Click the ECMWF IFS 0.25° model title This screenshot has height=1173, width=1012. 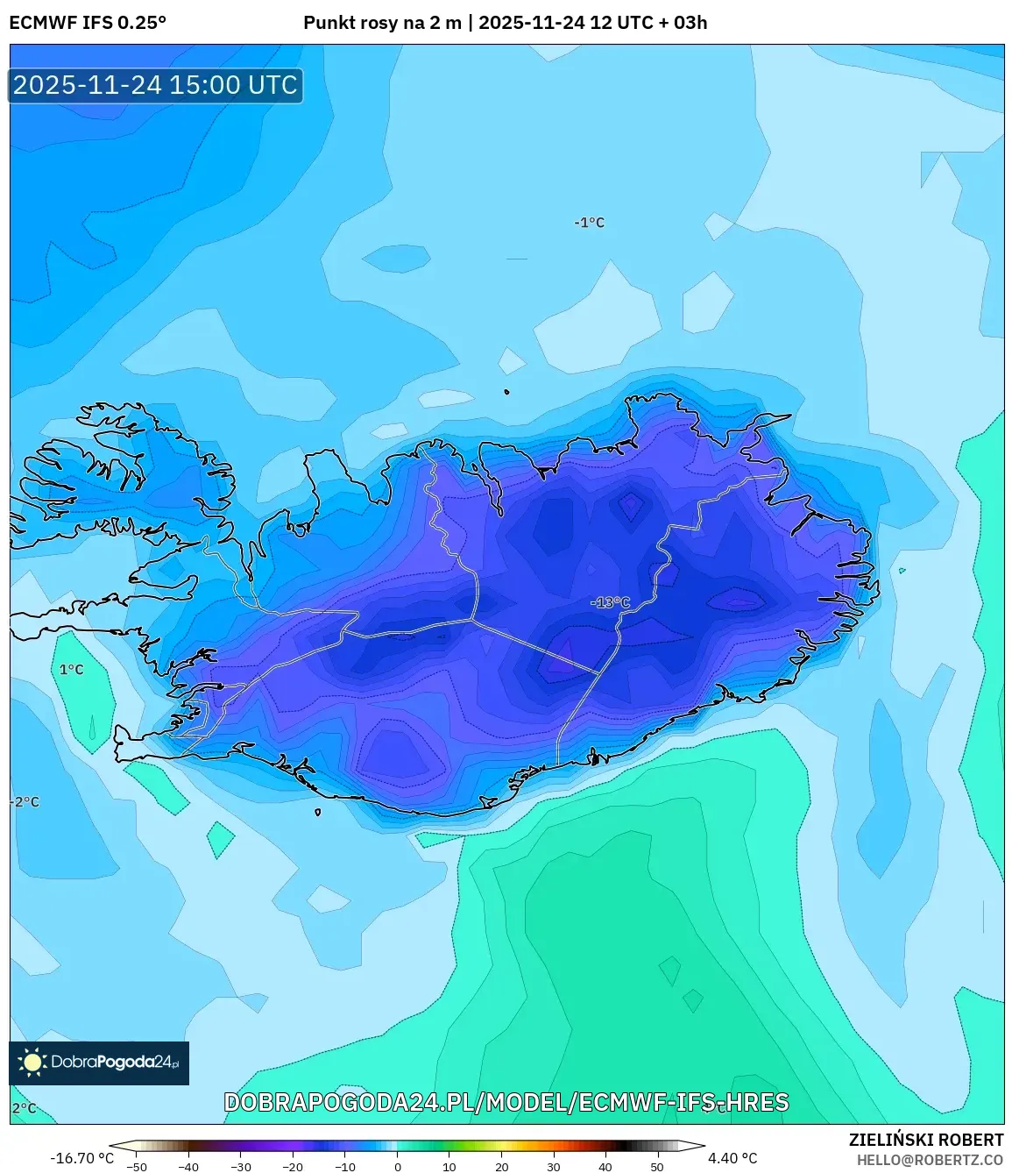tap(88, 23)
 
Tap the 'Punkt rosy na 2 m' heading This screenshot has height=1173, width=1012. tap(382, 23)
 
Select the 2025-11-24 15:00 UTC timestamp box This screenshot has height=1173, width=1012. tap(156, 85)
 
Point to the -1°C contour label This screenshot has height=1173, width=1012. tap(590, 223)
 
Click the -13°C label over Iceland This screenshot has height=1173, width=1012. tap(611, 602)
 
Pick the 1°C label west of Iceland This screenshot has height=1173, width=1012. tap(72, 670)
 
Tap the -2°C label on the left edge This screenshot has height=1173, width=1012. tap(25, 802)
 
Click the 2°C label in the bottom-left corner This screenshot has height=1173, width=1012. tap(25, 1108)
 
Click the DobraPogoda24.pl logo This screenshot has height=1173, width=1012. tap(99, 1063)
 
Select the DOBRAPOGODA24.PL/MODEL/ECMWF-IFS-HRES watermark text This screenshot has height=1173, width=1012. tap(506, 1102)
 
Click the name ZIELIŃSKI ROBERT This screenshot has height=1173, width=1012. tap(926, 1140)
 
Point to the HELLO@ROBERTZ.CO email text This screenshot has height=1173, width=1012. tap(930, 1160)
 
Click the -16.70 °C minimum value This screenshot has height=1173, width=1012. tap(82, 1158)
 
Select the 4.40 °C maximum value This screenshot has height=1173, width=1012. tap(732, 1158)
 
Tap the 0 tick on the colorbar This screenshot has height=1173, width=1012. tap(398, 1167)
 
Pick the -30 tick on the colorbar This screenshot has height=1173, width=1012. tap(241, 1167)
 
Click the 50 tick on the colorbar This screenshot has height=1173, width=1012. tap(657, 1167)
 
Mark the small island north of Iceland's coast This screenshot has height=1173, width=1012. tap(506, 392)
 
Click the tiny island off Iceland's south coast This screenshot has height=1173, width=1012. tap(317, 812)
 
